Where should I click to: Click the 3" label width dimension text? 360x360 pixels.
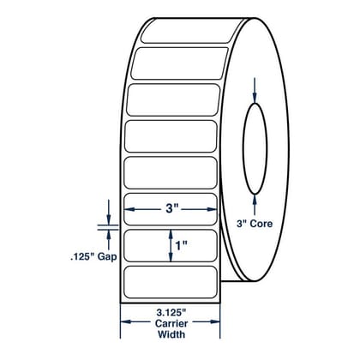[172, 209]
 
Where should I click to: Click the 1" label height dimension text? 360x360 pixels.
[181, 245]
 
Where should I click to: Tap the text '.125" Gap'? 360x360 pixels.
[93, 257]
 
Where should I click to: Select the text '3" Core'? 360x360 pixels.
[255, 224]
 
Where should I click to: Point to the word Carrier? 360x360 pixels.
[171, 323]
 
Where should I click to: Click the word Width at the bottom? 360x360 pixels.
[171, 334]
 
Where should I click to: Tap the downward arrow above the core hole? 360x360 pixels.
[255, 90]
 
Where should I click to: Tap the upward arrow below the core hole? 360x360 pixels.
[255, 205]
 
